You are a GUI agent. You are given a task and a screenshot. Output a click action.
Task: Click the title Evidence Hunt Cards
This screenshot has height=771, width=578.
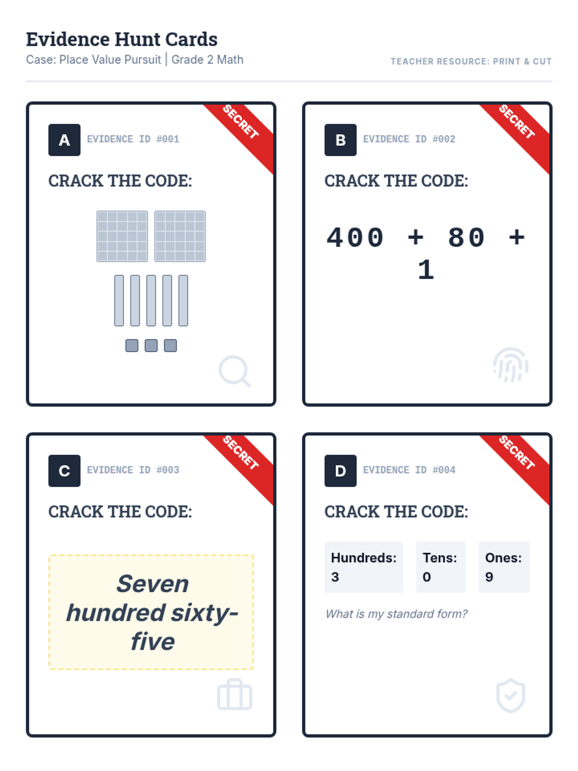(121, 39)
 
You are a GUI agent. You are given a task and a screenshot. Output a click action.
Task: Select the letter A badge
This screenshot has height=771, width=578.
(64, 140)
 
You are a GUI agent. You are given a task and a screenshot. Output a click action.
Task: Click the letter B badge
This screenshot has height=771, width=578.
(340, 140)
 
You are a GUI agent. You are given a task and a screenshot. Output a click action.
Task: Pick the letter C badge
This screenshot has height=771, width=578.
(64, 470)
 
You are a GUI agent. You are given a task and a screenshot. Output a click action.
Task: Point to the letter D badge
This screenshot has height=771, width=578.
(340, 470)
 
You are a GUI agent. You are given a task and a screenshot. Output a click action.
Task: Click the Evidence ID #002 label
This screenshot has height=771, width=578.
(409, 139)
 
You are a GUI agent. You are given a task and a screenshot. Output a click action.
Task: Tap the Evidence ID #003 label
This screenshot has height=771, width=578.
(133, 470)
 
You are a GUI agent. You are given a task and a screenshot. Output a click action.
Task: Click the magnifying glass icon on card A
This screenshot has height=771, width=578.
(235, 371)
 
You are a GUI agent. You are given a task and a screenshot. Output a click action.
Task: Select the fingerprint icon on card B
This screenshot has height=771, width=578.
(511, 365)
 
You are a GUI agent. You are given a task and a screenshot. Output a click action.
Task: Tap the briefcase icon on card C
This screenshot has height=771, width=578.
(235, 694)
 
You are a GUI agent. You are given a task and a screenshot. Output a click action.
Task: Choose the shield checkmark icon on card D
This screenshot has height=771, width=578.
(511, 695)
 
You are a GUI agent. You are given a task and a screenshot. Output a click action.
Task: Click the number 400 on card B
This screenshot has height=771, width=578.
(355, 238)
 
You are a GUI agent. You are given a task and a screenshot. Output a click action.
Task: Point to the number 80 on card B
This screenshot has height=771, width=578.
(466, 238)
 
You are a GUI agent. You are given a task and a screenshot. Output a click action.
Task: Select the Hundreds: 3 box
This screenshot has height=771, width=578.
(364, 567)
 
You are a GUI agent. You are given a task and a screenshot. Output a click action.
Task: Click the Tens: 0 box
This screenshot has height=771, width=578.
(440, 567)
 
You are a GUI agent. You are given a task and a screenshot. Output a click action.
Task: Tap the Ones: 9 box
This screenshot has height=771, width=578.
(504, 567)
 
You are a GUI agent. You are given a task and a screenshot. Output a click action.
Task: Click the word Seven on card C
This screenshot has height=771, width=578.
(153, 584)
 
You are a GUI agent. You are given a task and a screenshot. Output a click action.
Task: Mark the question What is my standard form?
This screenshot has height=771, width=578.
(396, 613)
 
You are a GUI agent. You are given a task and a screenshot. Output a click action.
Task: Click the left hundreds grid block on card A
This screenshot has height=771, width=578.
(122, 237)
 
